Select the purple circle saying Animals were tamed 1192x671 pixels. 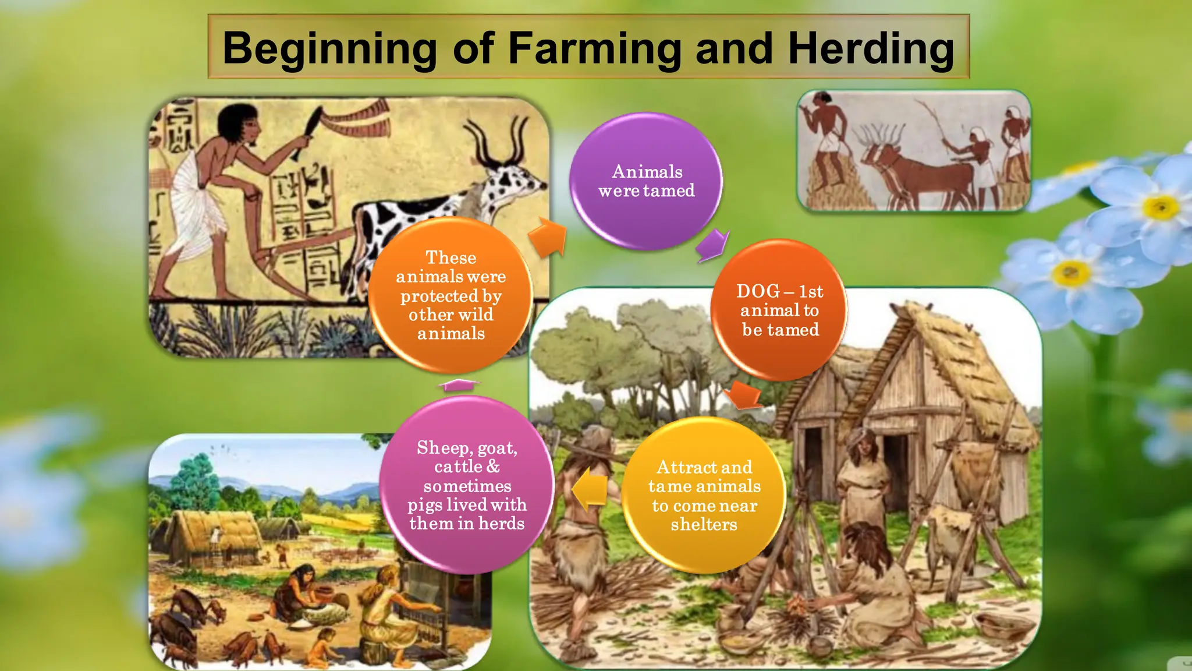[x=646, y=181]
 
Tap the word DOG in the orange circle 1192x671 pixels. [x=758, y=291]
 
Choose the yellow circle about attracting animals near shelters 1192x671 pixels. [x=704, y=495]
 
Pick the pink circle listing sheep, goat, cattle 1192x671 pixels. [x=467, y=485]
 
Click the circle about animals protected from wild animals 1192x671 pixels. [x=451, y=295]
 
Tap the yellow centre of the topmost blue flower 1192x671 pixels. [x=1161, y=207]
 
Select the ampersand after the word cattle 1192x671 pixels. [x=493, y=467]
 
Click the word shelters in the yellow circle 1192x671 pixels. [x=704, y=525]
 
